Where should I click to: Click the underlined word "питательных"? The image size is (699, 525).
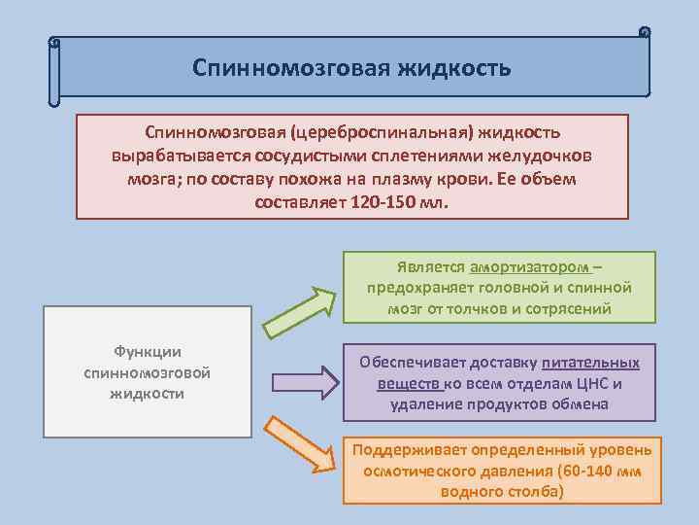tap(590, 362)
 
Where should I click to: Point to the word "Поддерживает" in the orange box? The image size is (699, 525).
tap(409, 451)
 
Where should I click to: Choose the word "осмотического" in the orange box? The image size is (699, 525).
tap(417, 472)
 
